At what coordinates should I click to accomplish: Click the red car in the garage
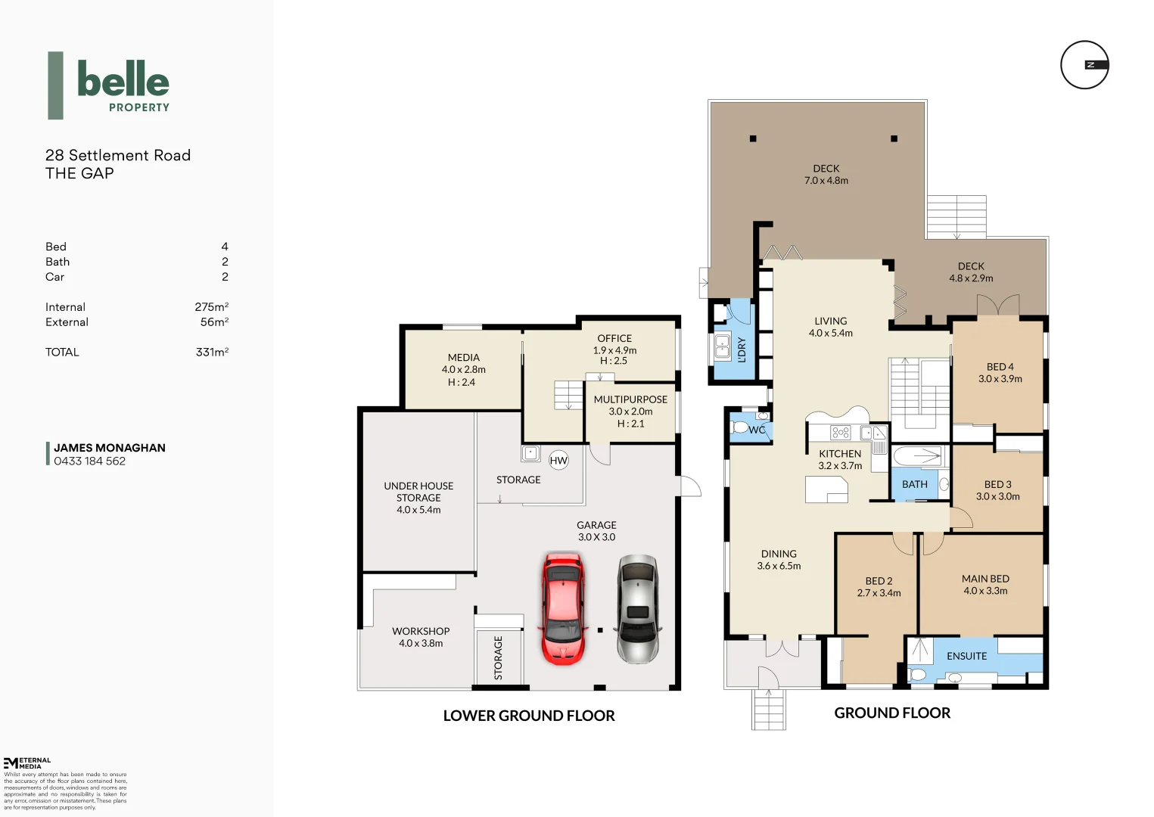coord(564,608)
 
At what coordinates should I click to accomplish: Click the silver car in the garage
coord(638,608)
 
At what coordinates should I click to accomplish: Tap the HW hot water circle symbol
coord(558,460)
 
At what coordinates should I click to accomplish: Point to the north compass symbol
coord(1084,65)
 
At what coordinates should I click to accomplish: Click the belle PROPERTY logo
coord(110,85)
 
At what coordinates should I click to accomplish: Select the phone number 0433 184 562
coord(89,461)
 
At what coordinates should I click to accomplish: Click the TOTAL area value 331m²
coord(212,353)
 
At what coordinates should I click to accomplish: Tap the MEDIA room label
coord(463,358)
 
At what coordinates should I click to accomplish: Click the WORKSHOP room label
coord(421,631)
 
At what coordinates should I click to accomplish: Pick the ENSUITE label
coord(966,656)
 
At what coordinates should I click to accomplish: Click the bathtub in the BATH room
coord(917,456)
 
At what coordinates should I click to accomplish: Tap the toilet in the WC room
coord(740,428)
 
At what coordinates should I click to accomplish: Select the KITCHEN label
coord(840,454)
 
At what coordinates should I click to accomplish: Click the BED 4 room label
coord(1000,367)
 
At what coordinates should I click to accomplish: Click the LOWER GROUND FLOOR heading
coord(528,716)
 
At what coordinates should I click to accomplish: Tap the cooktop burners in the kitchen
coord(840,433)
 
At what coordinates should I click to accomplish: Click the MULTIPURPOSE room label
coord(630,399)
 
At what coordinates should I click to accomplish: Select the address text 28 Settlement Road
coord(118,155)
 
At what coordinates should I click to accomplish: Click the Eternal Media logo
coord(27,763)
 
